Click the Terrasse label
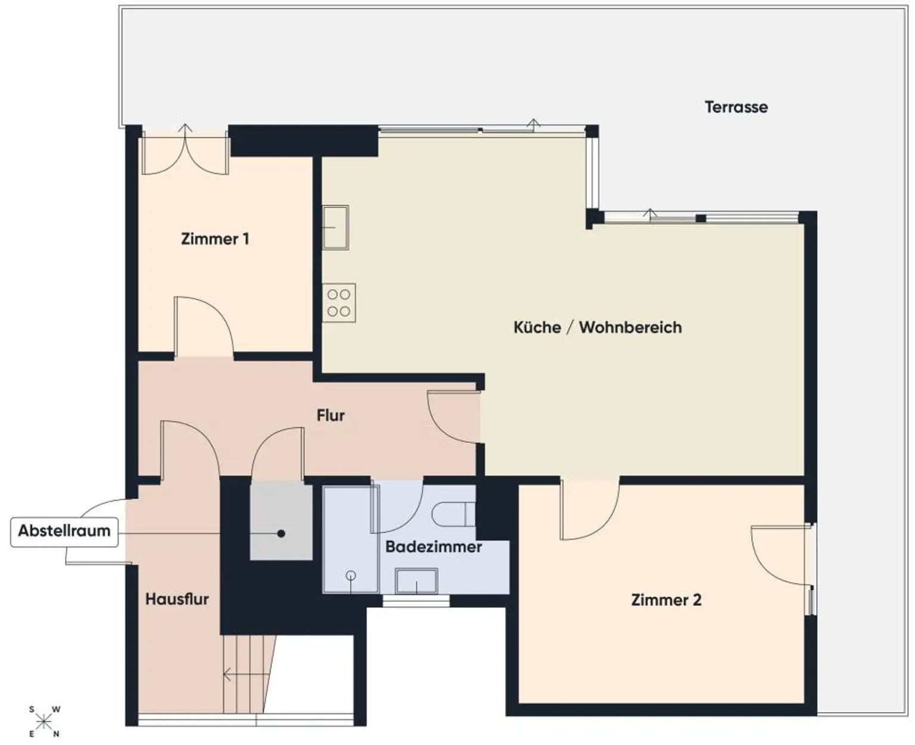coord(736,107)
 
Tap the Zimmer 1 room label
coord(215,239)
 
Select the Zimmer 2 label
coord(666,600)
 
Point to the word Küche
coord(537,327)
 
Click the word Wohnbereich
coord(630,327)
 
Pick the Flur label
coord(331,415)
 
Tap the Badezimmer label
coord(434,547)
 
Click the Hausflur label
coord(177,600)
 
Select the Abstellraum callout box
coord(64,532)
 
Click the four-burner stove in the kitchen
coord(339,303)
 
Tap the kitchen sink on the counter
coord(335,227)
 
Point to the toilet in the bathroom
coord(454,514)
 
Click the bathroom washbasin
coord(416,581)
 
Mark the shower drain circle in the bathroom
coord(351,575)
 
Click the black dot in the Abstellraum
coord(281,533)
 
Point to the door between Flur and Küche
coord(454,417)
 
